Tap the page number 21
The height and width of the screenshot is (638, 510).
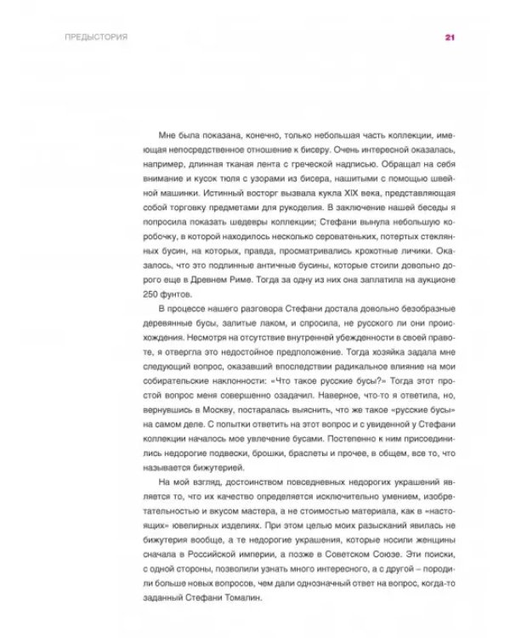point(450,38)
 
